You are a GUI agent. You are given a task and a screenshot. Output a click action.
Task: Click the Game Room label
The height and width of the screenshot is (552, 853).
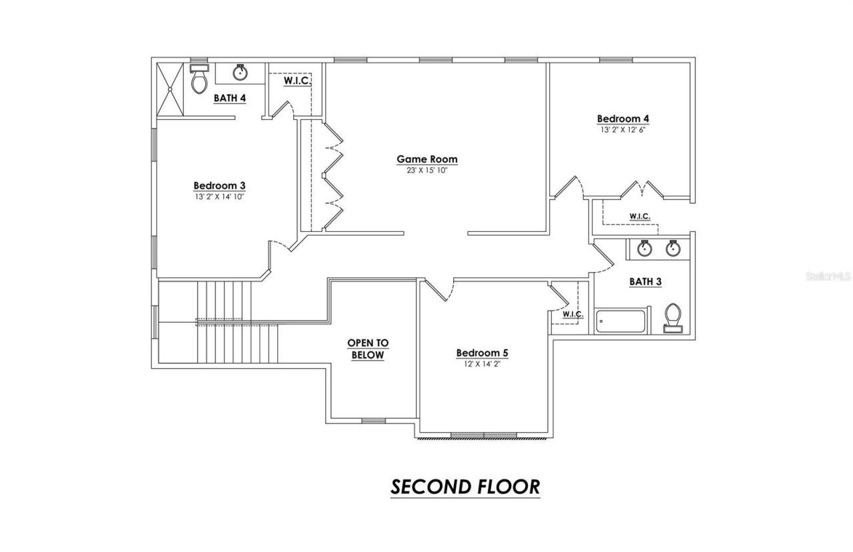[427, 159]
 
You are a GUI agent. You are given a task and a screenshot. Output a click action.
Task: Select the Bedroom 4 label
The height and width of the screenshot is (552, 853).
[622, 119]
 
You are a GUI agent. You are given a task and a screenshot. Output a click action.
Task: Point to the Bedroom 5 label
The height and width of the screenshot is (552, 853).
[482, 353]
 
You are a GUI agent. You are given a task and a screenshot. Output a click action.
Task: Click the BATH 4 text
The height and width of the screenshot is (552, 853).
[230, 98]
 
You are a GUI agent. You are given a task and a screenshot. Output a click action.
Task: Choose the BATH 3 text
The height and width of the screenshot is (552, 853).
[645, 281]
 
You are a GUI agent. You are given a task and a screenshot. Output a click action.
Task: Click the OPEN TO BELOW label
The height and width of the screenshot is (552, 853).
[367, 349]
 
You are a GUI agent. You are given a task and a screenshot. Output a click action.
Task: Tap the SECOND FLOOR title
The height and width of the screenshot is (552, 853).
[464, 487]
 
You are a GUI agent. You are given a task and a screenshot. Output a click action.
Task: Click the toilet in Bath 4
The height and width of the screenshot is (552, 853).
[199, 80]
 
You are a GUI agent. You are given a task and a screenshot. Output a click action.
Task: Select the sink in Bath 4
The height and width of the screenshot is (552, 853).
[241, 72]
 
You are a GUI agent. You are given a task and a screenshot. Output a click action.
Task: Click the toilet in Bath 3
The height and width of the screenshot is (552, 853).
[674, 317]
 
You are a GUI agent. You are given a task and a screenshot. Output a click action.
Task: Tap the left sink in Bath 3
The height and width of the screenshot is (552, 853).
[644, 249]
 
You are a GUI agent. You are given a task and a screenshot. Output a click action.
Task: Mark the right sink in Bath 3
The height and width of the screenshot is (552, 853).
[673, 249]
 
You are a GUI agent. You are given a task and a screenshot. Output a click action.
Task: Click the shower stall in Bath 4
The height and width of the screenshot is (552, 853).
[171, 88]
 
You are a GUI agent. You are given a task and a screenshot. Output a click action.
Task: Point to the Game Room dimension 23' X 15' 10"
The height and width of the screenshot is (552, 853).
[427, 170]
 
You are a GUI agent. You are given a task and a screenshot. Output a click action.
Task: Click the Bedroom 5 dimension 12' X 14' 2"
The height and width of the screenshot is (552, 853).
[482, 364]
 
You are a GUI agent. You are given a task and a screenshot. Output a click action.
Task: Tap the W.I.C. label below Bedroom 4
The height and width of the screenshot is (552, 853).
[640, 216]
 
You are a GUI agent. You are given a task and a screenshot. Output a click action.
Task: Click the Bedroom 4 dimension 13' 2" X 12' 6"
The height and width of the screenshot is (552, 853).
[622, 130]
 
